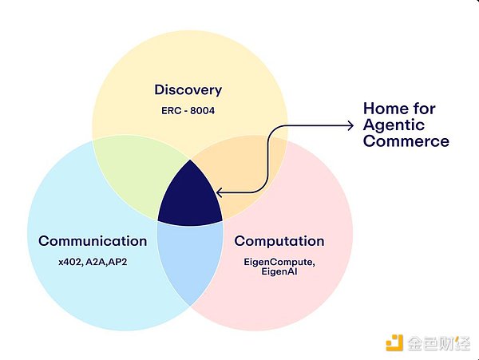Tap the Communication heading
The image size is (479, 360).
click(x=93, y=240)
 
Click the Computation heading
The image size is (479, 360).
click(x=279, y=240)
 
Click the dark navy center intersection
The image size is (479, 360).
click(x=188, y=200)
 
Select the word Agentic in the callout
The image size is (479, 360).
click(x=393, y=125)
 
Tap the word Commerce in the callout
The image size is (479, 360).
click(x=406, y=142)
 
